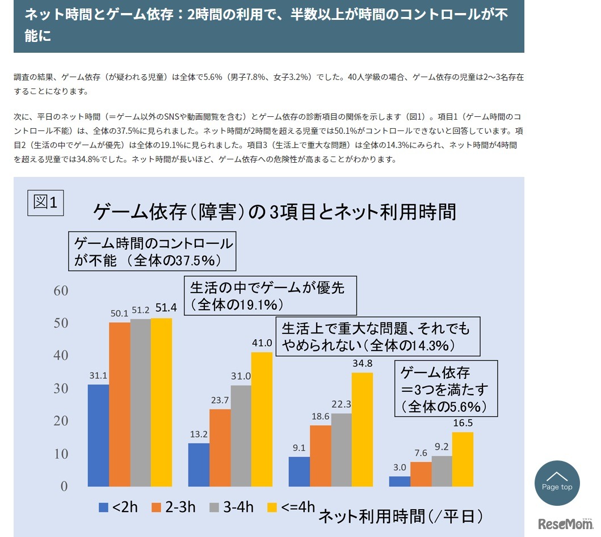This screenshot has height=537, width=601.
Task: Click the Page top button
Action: pyautogui.click(x=557, y=483)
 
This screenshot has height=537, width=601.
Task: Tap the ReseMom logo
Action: pyautogui.click(x=565, y=523)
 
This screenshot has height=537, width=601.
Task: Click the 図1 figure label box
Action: pyautogui.click(x=45, y=202)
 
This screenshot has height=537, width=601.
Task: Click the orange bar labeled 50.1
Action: pyautogui.click(x=119, y=404)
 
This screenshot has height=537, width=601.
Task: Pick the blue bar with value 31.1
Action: pyautogui.click(x=98, y=435)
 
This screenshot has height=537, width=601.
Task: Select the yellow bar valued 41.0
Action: pyautogui.click(x=262, y=418)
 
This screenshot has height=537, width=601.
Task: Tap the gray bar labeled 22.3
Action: pyautogui.click(x=342, y=449)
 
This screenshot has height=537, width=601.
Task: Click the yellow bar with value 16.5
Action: pyautogui.click(x=463, y=459)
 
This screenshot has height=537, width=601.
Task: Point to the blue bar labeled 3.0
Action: pyautogui.click(x=400, y=481)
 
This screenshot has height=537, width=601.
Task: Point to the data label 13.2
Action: pyautogui.click(x=199, y=434)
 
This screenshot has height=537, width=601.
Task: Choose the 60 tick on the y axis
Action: pyautogui.click(x=61, y=291)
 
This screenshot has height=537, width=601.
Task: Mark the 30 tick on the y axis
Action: pyautogui.click(x=61, y=389)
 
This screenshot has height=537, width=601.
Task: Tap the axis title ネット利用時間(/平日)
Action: pyautogui.click(x=401, y=516)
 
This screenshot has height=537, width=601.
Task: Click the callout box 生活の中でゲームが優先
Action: pyautogui.click(x=271, y=295)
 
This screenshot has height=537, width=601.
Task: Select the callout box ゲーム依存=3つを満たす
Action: pyautogui.click(x=446, y=389)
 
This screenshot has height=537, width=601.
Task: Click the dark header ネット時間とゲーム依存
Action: pyautogui.click(x=268, y=26)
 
